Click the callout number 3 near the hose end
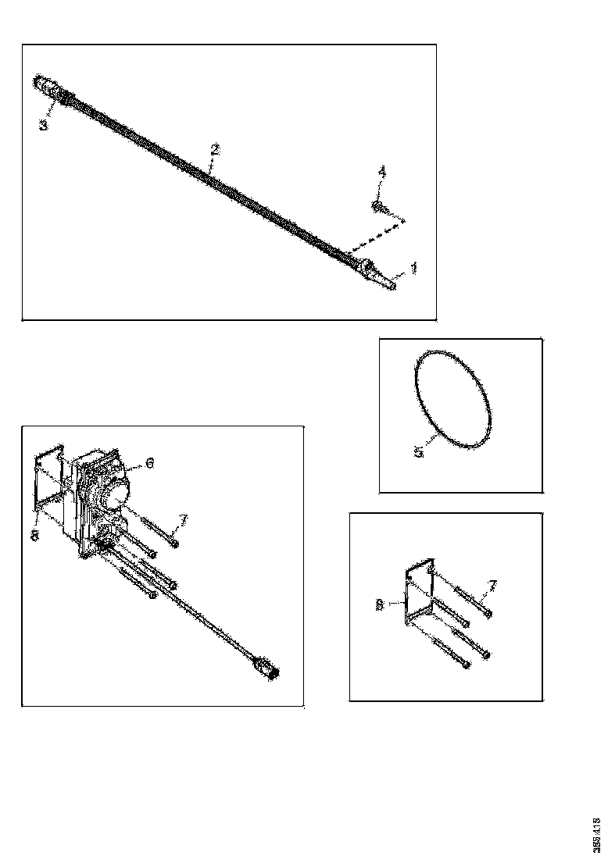pyautogui.click(x=44, y=124)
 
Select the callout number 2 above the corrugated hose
pyautogui.click(x=215, y=149)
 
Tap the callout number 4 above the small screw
pyautogui.click(x=382, y=171)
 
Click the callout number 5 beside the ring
pyautogui.click(x=419, y=452)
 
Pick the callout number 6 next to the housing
pyautogui.click(x=149, y=462)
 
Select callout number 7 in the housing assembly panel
pyautogui.click(x=183, y=519)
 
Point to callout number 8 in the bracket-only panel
pyautogui.click(x=379, y=604)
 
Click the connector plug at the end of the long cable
pyautogui.click(x=267, y=670)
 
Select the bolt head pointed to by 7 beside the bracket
pyautogui.click(x=487, y=614)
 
